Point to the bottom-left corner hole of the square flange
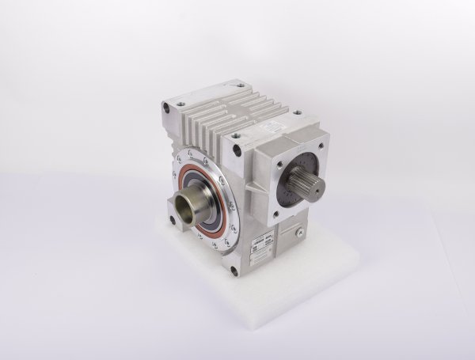[276, 214]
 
